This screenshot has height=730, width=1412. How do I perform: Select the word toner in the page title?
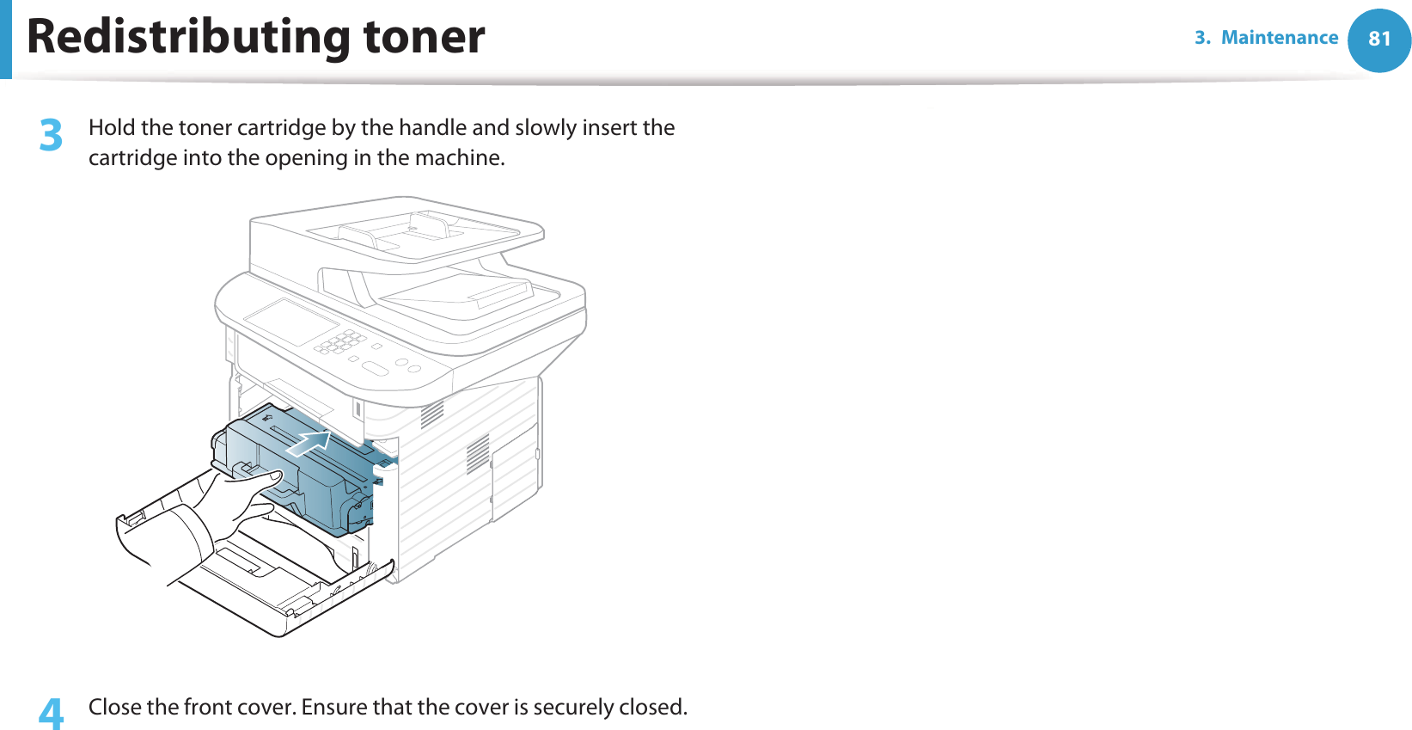pyautogui.click(x=424, y=37)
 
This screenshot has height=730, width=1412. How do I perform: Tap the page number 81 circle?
pyautogui.click(x=1378, y=40)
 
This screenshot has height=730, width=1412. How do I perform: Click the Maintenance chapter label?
pyautogui.click(x=1279, y=38)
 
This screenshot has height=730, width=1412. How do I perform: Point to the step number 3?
pyautogui.click(x=52, y=136)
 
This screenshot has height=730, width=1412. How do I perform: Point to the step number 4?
pyautogui.click(x=52, y=714)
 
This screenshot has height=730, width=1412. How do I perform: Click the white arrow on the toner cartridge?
pyautogui.click(x=309, y=444)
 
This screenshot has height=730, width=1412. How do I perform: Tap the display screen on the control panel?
pyautogui.click(x=290, y=322)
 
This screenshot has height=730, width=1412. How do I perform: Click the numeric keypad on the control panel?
pyautogui.click(x=340, y=341)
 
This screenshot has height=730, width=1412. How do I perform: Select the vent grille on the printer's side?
pyautogui.click(x=477, y=453)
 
